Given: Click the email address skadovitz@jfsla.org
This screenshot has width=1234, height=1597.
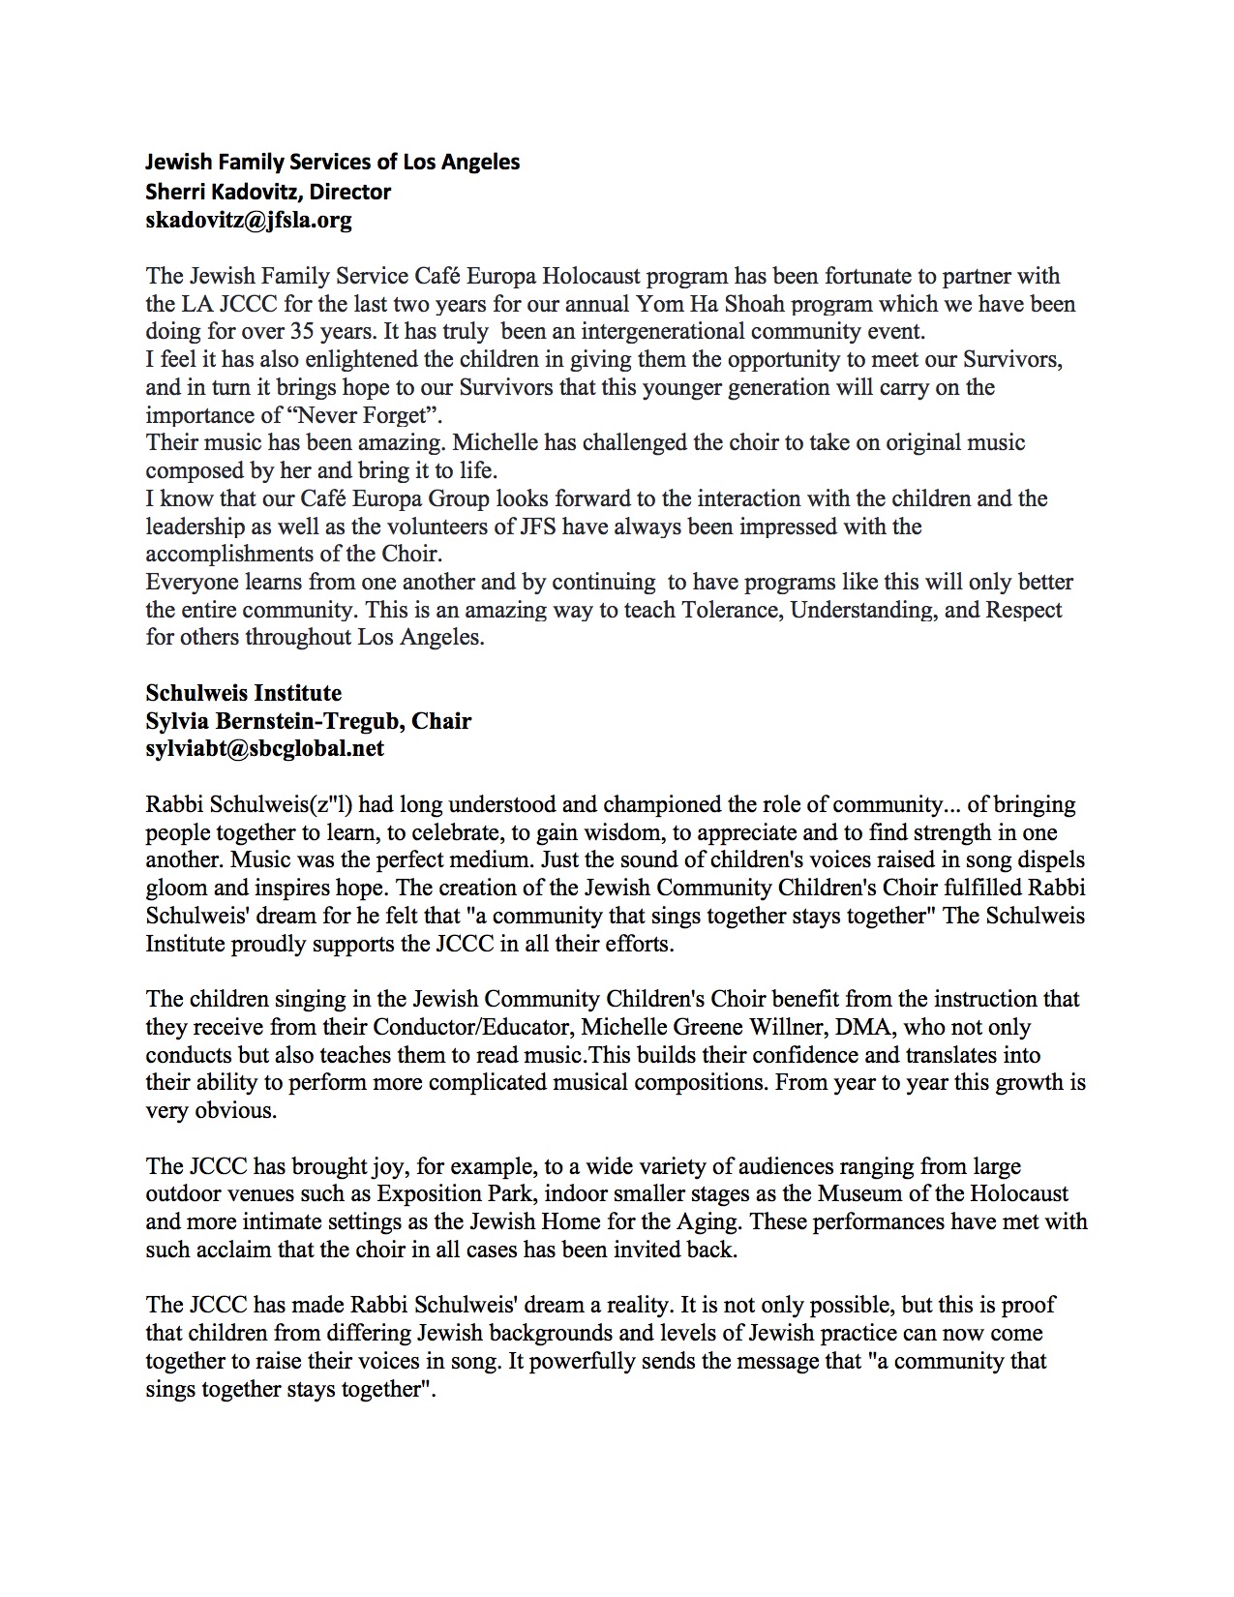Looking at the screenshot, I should [x=249, y=220].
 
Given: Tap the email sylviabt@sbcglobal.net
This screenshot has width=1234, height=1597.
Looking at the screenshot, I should [x=264, y=748].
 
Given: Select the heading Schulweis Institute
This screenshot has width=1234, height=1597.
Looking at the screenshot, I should [x=243, y=693].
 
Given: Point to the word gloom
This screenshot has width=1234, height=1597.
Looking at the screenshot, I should [x=177, y=888].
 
